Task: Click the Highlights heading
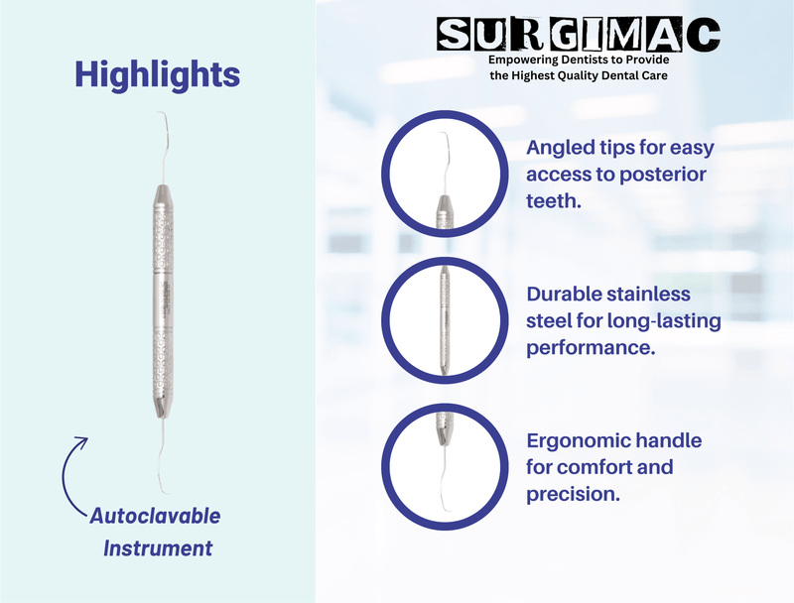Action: (157, 74)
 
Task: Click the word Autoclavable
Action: (155, 517)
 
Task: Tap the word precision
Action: (573, 493)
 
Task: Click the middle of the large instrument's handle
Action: (160, 298)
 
